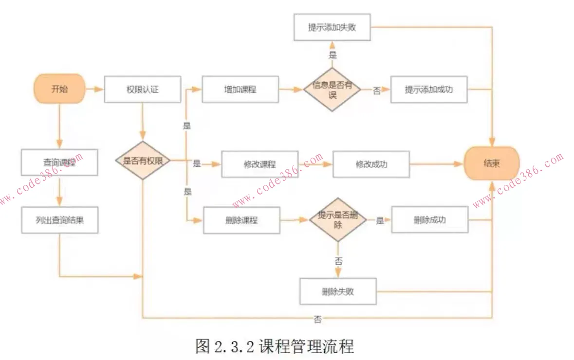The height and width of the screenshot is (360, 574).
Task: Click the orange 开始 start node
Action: coord(59,90)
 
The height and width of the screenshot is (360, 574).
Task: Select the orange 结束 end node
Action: coord(492,163)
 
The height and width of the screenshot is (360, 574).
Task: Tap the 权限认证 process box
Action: coord(143,90)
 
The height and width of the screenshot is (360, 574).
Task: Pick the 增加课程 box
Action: coord(241,90)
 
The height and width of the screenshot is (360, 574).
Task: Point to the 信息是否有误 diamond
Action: coord(332,90)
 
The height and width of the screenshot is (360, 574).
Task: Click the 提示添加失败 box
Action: coord(332,27)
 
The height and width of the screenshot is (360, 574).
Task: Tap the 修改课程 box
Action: coord(259,164)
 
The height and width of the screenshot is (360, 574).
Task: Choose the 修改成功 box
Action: coord(371,164)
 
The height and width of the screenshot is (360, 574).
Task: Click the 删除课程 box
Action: coord(241,220)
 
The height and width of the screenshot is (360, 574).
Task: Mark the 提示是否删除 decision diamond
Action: coord(337,220)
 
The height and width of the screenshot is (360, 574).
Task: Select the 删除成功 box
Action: coord(429,220)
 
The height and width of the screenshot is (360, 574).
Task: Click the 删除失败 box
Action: coord(338,291)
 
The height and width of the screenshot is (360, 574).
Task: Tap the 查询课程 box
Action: coord(59,162)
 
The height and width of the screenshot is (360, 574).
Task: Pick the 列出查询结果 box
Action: coord(59,220)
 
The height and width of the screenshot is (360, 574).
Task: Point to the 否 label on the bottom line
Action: coord(317,319)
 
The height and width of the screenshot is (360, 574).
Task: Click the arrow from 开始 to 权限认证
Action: coord(95,90)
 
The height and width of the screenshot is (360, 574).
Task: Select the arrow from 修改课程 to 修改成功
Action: coord(315,164)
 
